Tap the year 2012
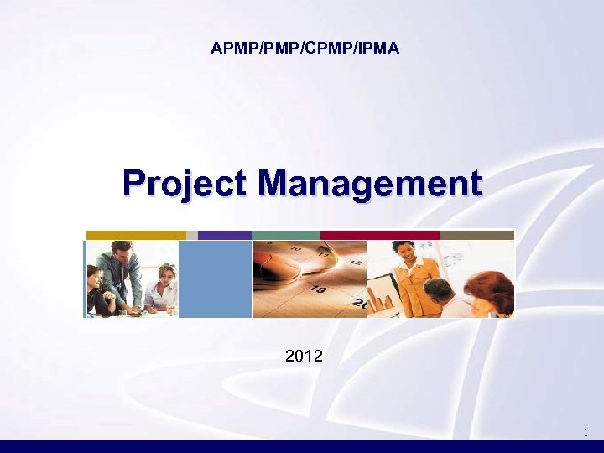point(303,357)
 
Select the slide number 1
point(585,433)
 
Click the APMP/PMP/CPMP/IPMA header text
point(305,49)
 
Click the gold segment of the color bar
point(136,235)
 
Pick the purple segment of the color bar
point(225,235)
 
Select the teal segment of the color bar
point(286,235)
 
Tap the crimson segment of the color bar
point(380,235)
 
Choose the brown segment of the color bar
point(476,235)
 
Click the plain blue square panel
point(216,279)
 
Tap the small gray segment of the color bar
point(192,235)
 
